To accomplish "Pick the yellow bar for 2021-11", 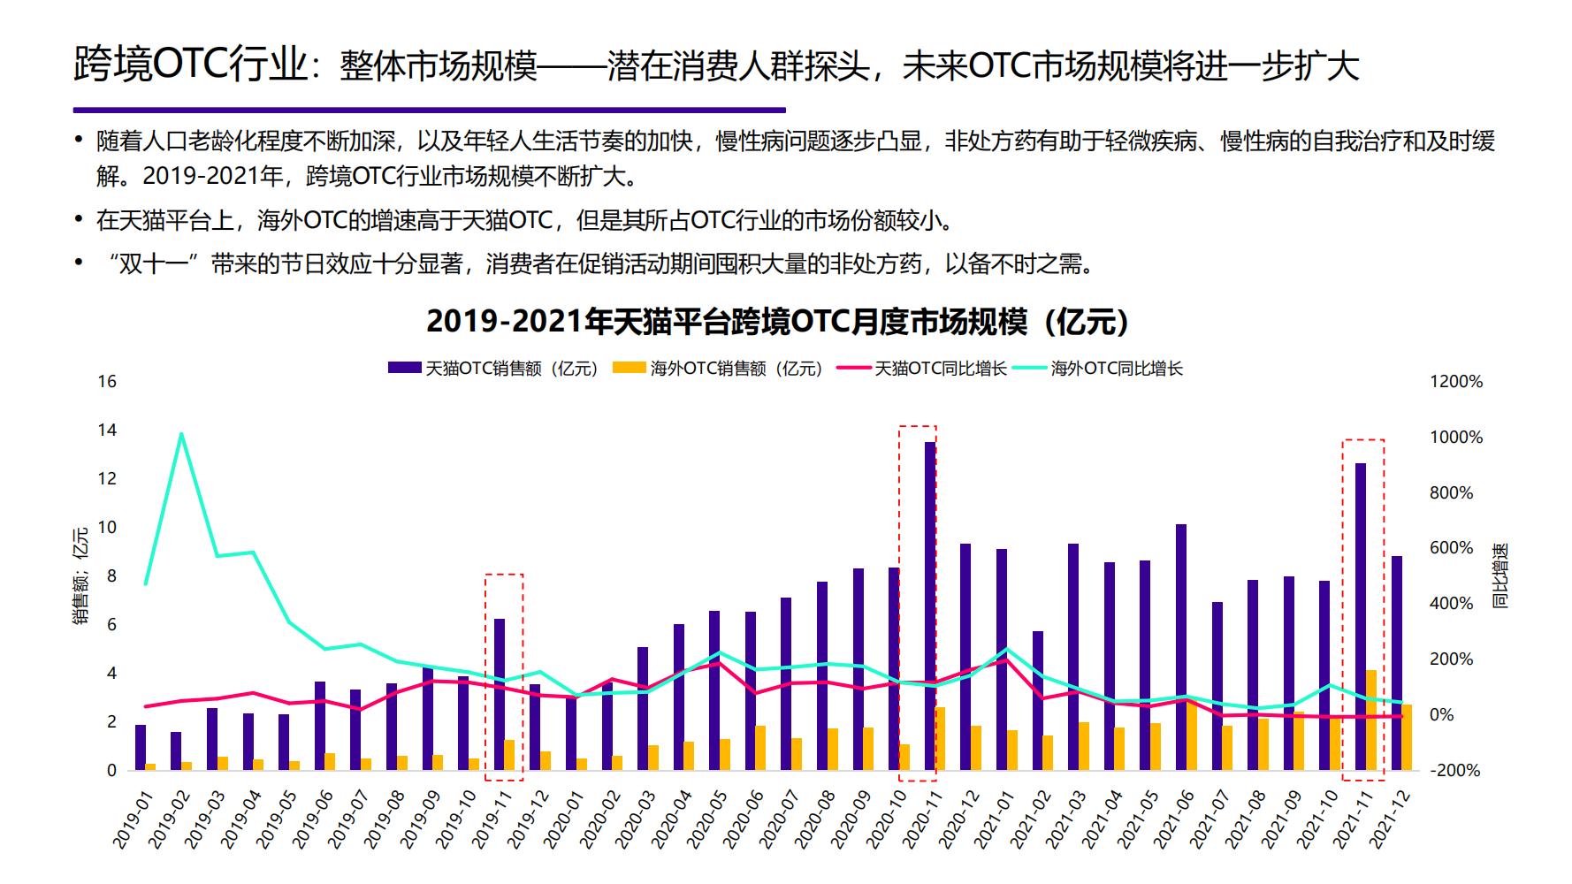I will click(1371, 720).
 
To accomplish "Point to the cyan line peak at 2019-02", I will click(181, 434).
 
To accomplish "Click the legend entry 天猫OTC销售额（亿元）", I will click(493, 369).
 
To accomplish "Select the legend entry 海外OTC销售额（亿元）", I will click(719, 369).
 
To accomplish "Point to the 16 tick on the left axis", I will click(107, 382).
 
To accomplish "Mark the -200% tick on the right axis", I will click(1454, 770).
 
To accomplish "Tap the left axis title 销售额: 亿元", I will click(81, 575).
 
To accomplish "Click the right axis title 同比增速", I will click(1500, 575).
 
